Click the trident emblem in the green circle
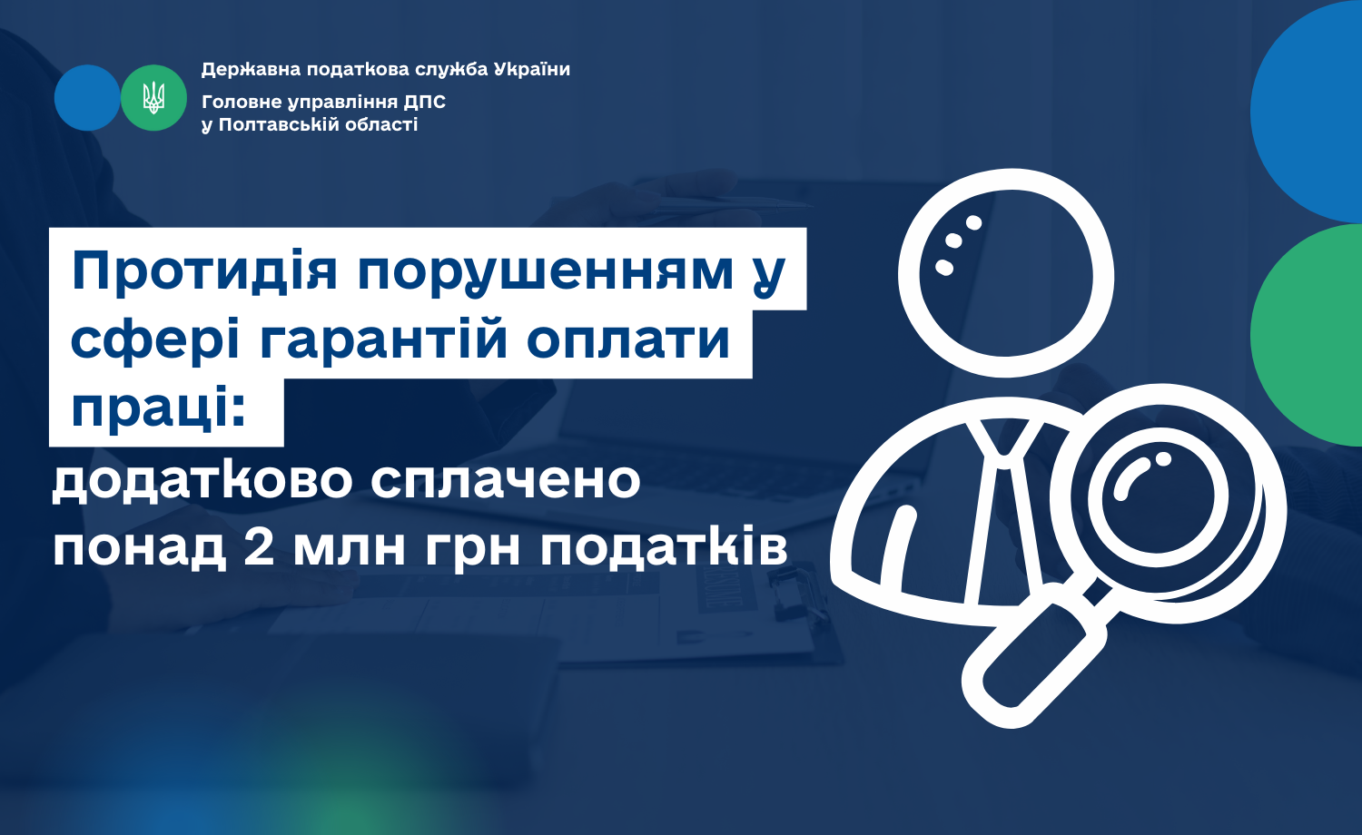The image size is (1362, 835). (x=153, y=98)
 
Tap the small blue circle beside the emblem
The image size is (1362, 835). (x=87, y=98)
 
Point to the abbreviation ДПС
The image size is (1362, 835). (x=424, y=102)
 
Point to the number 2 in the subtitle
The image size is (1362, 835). (x=259, y=547)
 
